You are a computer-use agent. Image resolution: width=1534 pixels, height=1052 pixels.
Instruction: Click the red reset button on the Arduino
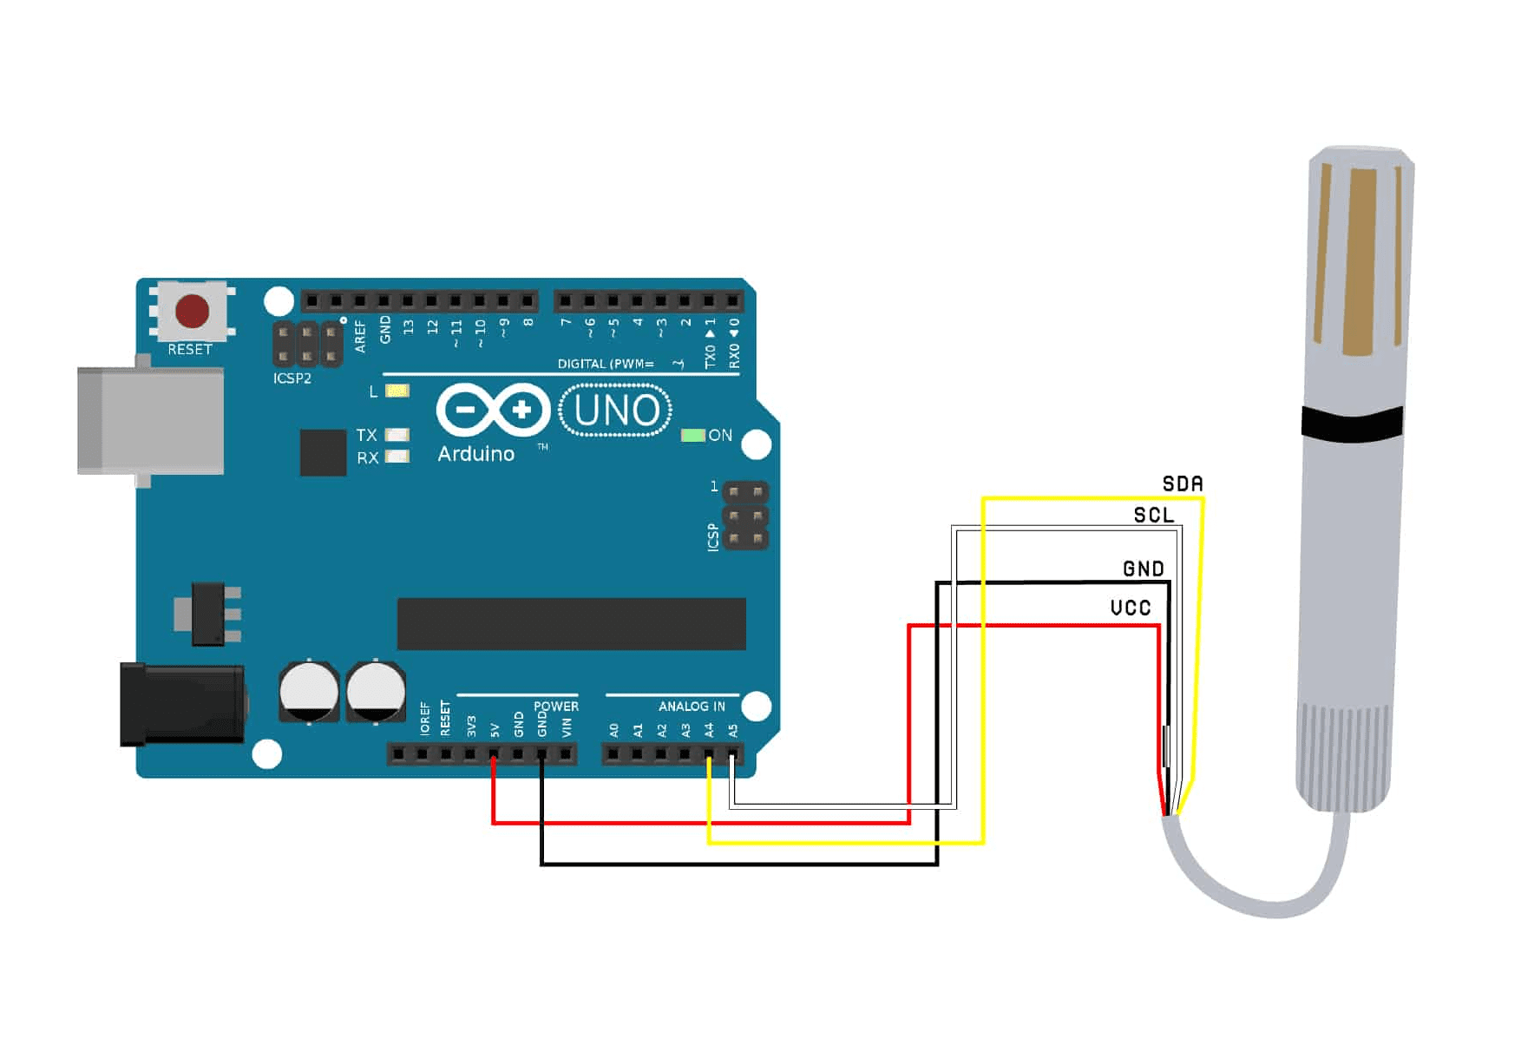192,311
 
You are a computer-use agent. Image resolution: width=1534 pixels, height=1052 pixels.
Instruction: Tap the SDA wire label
1183,484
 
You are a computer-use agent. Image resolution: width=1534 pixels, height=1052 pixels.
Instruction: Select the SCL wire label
1154,516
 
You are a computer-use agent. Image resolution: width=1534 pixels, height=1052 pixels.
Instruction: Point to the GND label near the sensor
1144,569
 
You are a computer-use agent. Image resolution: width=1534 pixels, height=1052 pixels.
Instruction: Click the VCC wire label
1131,608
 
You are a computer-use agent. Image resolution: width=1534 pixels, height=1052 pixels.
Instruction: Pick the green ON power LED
692,435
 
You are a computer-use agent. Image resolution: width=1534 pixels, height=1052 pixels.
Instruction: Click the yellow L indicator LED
397,391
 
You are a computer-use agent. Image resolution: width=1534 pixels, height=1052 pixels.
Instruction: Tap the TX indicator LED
397,434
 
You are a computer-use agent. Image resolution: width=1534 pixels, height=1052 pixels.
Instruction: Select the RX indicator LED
397,457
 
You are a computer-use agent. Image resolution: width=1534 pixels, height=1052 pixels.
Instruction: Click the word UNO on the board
616,411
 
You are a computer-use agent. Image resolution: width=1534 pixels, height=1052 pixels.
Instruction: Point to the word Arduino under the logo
475,454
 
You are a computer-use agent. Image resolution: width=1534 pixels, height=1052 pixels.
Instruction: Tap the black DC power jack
182,704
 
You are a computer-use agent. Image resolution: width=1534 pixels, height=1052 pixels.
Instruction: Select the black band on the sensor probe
1352,423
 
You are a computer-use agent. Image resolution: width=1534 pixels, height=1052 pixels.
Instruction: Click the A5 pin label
733,730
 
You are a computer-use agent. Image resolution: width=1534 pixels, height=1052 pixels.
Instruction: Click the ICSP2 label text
292,378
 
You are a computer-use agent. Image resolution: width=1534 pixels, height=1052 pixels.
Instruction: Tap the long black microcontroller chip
571,623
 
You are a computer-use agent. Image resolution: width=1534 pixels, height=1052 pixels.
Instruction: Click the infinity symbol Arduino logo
493,410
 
